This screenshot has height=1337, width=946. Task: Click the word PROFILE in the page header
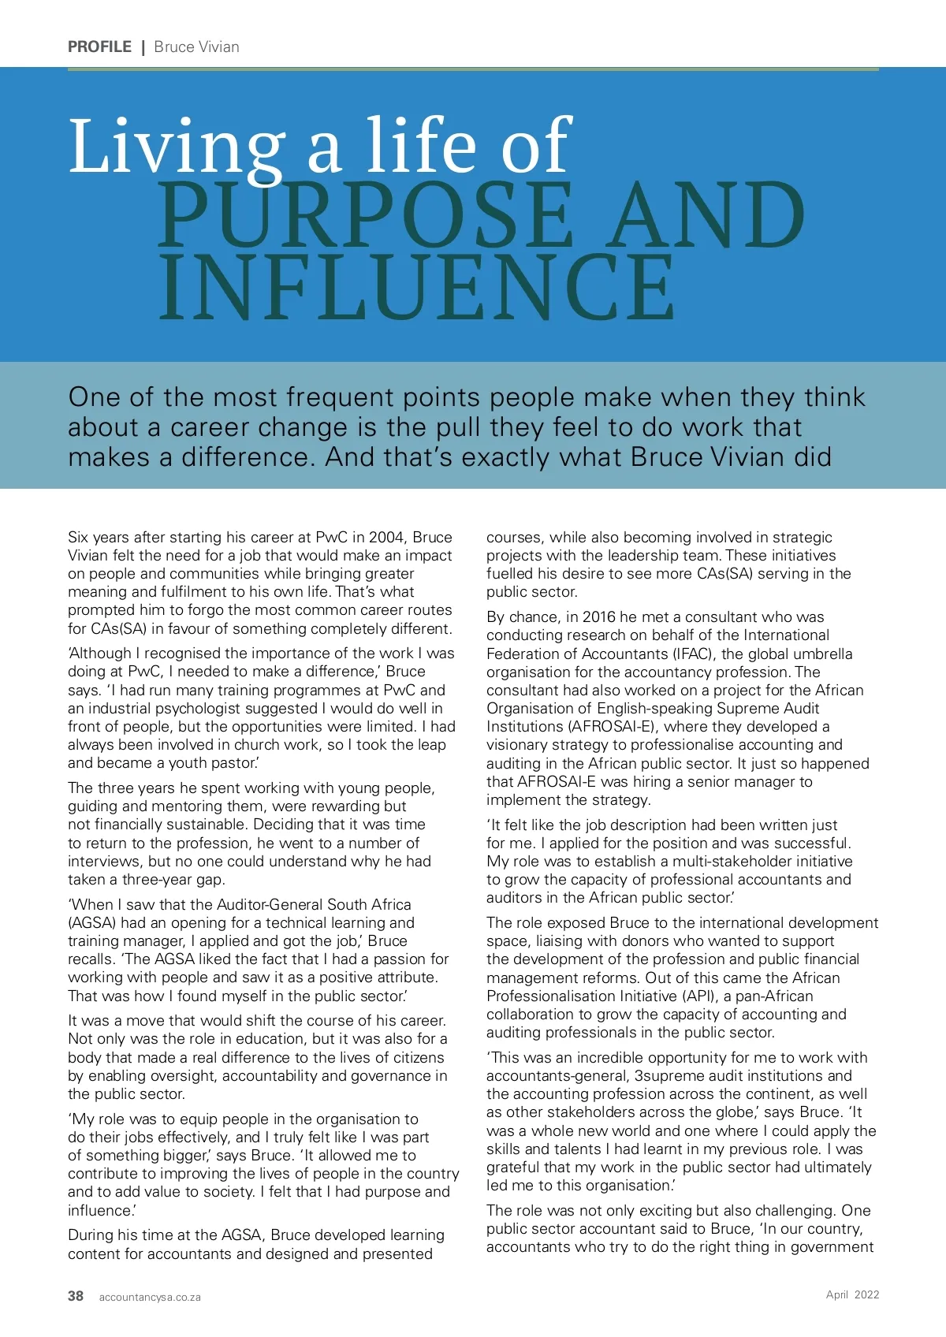click(99, 47)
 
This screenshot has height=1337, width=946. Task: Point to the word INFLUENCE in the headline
click(417, 287)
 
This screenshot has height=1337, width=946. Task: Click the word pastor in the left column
click(233, 763)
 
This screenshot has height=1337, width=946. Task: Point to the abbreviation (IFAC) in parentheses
click(692, 654)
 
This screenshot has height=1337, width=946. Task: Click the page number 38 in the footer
click(76, 1296)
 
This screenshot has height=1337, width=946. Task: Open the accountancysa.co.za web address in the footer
click(150, 1297)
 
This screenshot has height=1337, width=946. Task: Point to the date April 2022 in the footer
click(852, 1294)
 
